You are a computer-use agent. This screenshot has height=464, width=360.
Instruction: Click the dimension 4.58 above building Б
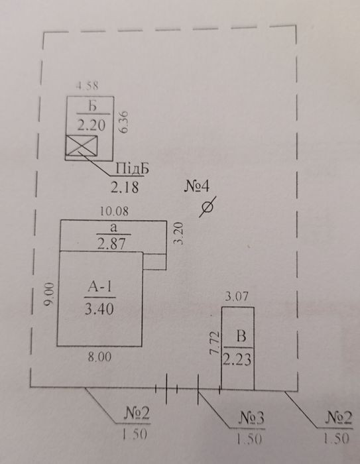pos(87,86)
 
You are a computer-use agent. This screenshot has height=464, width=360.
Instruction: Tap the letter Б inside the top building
pos(93,106)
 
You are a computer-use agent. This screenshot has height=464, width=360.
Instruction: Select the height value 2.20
pos(91,125)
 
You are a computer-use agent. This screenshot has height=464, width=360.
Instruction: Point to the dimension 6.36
pos(124,122)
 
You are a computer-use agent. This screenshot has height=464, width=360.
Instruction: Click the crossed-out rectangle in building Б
pos(82,146)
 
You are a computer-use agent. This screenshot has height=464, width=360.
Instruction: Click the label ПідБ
pos(132,168)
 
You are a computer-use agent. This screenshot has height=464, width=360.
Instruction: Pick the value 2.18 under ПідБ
pos(125,187)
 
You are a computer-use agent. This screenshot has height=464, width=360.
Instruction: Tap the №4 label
pos(197,186)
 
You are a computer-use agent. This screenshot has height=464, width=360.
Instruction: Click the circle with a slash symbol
pos(208,207)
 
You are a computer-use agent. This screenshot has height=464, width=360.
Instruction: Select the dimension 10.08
pos(114,211)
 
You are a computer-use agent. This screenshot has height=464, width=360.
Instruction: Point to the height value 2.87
pos(111,244)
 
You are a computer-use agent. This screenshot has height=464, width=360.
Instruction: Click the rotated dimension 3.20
pos(178,233)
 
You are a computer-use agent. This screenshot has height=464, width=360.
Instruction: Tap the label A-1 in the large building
pos(100,287)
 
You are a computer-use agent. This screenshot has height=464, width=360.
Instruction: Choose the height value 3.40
pos(99,310)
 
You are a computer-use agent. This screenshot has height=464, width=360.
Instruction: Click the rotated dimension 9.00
pos(50,294)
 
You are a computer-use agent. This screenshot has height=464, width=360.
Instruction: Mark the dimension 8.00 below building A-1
pos(99,357)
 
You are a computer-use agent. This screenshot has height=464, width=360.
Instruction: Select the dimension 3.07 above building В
pos(236,296)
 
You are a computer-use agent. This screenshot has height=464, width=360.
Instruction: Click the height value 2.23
pos(237,360)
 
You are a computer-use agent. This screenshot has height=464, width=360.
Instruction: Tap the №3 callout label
pos(251,418)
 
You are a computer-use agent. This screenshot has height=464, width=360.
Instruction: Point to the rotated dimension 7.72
pos(214,343)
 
